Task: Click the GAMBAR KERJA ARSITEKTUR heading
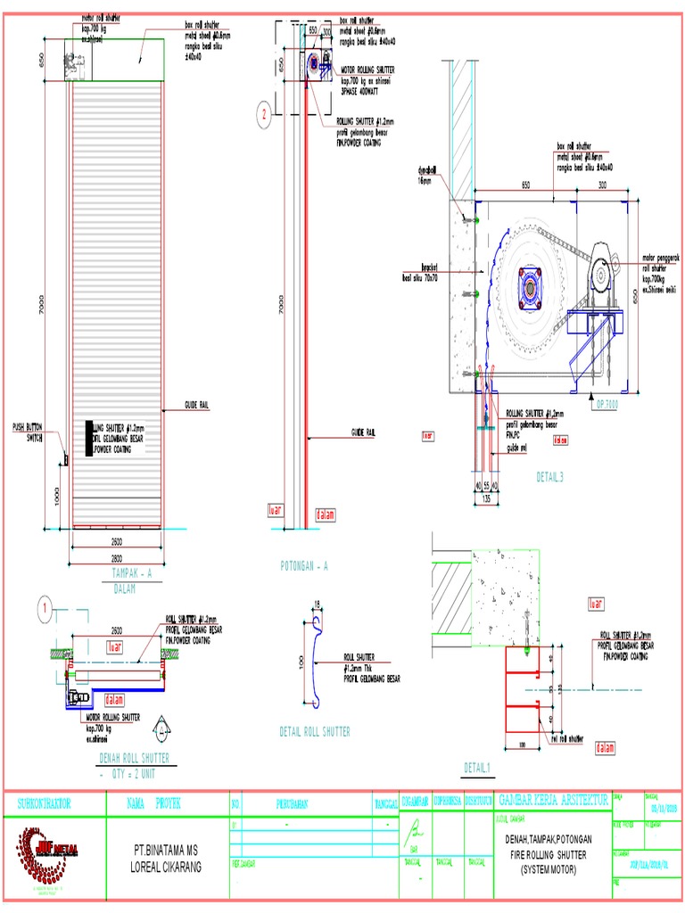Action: pos(553,800)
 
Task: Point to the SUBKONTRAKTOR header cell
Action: pos(45,803)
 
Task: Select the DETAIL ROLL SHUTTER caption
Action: pos(315,731)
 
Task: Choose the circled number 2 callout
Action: pos(263,113)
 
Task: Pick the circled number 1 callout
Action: pos(42,610)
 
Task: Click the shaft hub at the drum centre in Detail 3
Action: pos(530,287)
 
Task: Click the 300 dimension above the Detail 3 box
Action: pos(602,185)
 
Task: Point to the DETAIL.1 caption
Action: pos(477,768)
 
